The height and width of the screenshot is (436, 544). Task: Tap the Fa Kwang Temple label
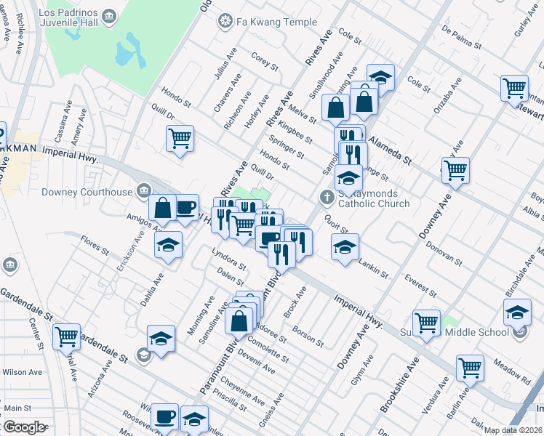click(x=270, y=22)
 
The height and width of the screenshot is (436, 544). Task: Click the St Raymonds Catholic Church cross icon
click(x=327, y=197)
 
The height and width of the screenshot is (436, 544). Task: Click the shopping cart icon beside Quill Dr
click(x=180, y=138)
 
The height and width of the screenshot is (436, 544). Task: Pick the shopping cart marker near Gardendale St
click(x=66, y=336)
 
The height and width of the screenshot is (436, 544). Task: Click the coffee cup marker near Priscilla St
click(x=165, y=417)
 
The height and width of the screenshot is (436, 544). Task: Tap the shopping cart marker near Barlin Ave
click(x=471, y=368)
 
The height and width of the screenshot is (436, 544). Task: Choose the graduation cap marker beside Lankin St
click(x=345, y=246)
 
